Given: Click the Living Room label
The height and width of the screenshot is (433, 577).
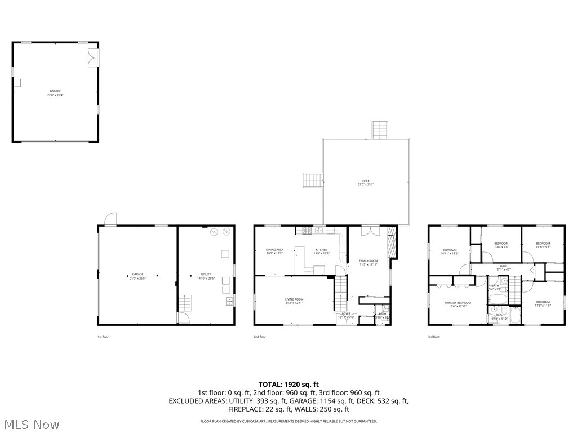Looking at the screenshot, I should pyautogui.click(x=294, y=301).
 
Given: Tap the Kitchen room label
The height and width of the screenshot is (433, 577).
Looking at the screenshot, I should pyautogui.click(x=321, y=251).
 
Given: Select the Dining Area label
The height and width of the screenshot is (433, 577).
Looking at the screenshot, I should pyautogui.click(x=274, y=251).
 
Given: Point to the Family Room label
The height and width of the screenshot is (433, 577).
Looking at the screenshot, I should pyautogui.click(x=369, y=263).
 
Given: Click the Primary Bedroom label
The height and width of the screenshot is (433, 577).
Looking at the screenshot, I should pyautogui.click(x=458, y=304).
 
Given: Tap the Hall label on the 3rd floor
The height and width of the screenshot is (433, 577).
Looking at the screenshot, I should pyautogui.click(x=503, y=267).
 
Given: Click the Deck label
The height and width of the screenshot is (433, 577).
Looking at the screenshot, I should pyautogui.click(x=365, y=183).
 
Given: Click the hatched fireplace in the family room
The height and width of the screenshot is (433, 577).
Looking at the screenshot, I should pyautogui.click(x=392, y=242).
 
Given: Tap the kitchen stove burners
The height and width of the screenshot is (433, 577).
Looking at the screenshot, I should pyautogui.click(x=305, y=230).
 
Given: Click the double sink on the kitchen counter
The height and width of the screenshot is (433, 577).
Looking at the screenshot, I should pyautogui.click(x=319, y=230).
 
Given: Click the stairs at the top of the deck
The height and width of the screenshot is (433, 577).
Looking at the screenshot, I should pyautogui.click(x=379, y=130).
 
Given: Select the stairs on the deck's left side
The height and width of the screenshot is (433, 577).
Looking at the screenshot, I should pyautogui.click(x=313, y=180).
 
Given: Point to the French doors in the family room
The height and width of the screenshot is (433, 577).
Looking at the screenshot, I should pyautogui.click(x=369, y=230).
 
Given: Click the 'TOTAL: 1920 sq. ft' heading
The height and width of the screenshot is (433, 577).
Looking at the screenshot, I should pyautogui.click(x=288, y=384).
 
